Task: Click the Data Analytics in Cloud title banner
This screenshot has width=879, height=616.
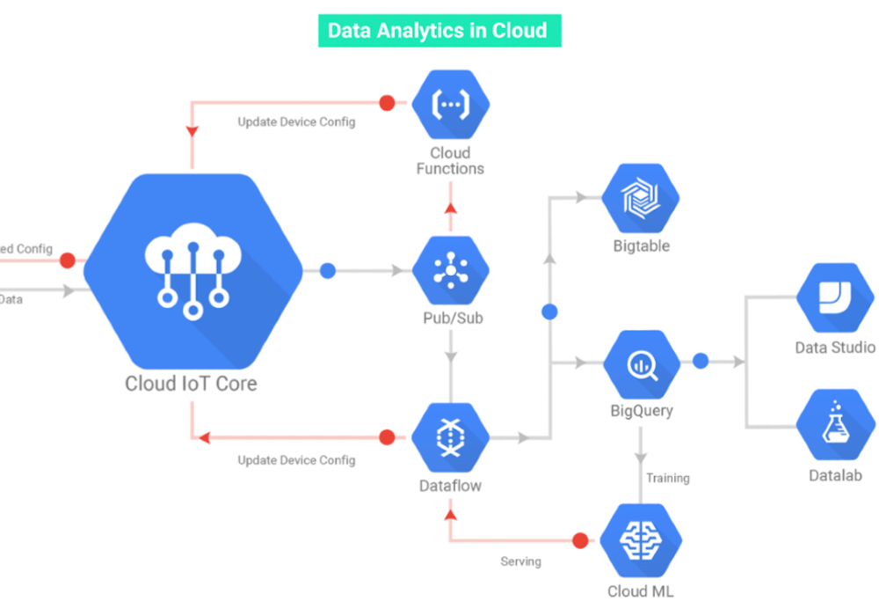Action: tap(438, 31)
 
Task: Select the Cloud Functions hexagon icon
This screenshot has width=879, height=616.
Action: tap(450, 104)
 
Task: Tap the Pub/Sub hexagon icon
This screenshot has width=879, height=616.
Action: tap(450, 271)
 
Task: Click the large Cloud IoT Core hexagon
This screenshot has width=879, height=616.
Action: tap(193, 271)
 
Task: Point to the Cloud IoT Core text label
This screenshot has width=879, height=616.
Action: tap(191, 384)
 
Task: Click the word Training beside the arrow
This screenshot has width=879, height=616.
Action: tap(668, 479)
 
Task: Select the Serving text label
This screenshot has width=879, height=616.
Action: tap(520, 561)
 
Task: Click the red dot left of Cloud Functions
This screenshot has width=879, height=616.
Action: tap(386, 103)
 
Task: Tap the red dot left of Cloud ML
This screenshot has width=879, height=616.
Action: tap(579, 539)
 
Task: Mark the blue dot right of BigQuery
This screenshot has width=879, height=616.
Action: tap(701, 361)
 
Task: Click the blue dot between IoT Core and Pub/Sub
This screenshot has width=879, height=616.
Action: tap(328, 271)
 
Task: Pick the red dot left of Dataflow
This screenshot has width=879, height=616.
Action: tap(386, 437)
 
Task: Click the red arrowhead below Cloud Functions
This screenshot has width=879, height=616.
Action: tap(450, 208)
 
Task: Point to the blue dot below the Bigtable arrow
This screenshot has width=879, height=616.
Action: tap(549, 312)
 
